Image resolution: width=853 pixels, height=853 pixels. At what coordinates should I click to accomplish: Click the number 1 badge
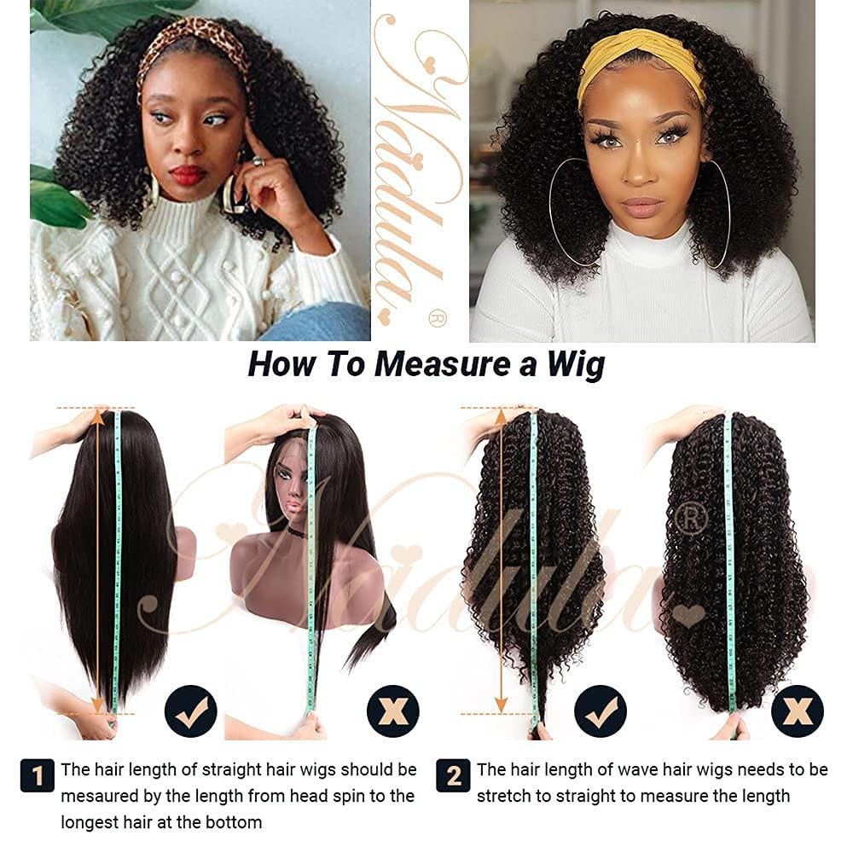click(37, 775)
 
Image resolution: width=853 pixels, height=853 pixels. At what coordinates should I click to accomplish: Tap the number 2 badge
click(453, 775)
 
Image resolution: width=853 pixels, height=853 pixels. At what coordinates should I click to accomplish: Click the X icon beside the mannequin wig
click(392, 711)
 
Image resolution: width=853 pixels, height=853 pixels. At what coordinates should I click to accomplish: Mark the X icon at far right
click(798, 711)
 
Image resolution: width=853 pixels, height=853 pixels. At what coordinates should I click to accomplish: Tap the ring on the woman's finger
click(258, 160)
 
